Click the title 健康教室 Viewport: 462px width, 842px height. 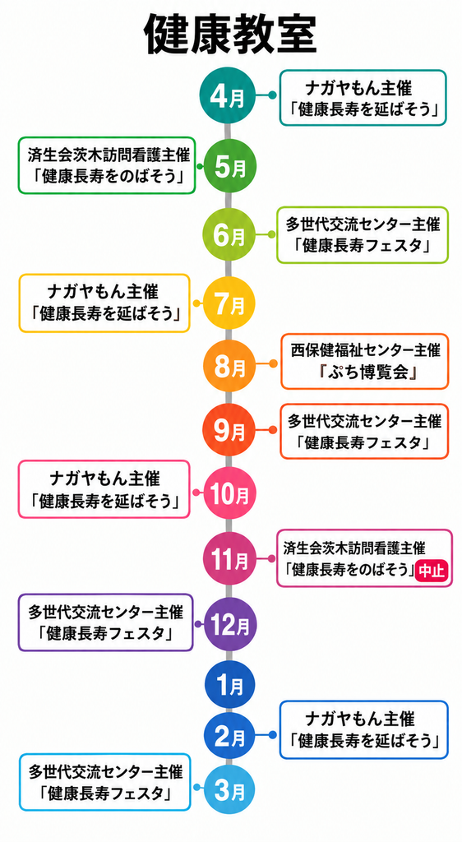tap(231, 35)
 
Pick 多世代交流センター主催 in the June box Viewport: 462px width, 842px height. tap(363, 224)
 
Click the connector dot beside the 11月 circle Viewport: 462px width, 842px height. tap(271, 558)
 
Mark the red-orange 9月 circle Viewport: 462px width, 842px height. tap(229, 430)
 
